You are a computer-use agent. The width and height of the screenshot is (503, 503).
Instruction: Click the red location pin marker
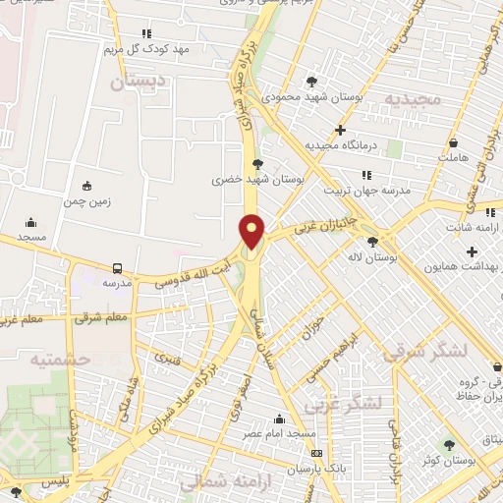click(252, 232)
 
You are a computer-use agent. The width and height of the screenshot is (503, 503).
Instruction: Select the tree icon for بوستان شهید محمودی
click(312, 82)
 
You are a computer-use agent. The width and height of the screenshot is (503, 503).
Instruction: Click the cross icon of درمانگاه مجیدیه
click(340, 129)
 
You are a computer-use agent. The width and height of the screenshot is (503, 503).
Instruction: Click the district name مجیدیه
click(408, 99)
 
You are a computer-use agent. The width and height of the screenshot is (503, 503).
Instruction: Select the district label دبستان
click(133, 84)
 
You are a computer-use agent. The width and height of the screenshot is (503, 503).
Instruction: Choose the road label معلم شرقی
click(107, 317)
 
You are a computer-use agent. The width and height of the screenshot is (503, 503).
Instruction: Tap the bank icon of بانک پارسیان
click(316, 453)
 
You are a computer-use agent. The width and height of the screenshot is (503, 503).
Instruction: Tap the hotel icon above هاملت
click(452, 142)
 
